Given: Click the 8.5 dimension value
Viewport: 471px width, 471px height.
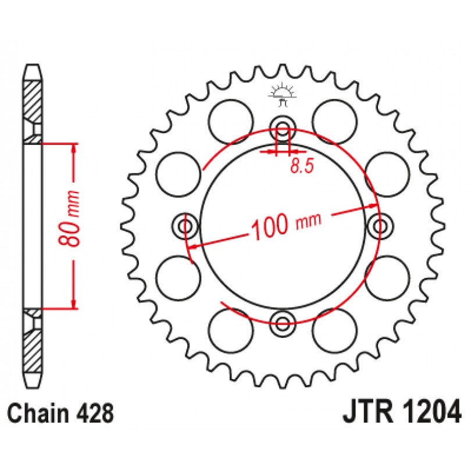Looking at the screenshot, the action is tap(302, 166).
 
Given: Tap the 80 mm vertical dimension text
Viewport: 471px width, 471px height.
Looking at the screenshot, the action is tap(69, 219).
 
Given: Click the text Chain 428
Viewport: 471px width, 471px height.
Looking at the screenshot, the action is tap(60, 413).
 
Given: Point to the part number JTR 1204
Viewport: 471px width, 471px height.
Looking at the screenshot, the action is tap(402, 411).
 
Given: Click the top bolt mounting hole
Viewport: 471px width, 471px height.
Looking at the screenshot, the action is tap(283, 128).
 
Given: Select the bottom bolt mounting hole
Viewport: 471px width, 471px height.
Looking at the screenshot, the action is tap(283, 323).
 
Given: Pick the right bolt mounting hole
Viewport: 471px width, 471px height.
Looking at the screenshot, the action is tap(381, 226).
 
